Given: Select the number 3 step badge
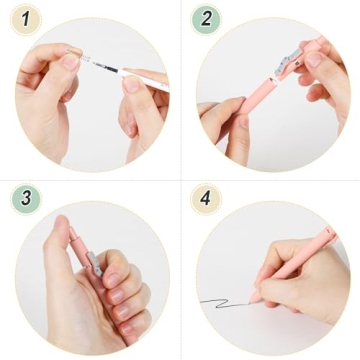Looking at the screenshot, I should [26, 197].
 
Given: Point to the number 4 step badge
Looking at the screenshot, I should [206, 197].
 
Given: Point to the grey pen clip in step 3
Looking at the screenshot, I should [94, 263].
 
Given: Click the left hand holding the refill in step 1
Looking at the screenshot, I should [50, 85].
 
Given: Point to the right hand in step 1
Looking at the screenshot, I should [140, 110].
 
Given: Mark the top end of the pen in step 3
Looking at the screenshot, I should [71, 232].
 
